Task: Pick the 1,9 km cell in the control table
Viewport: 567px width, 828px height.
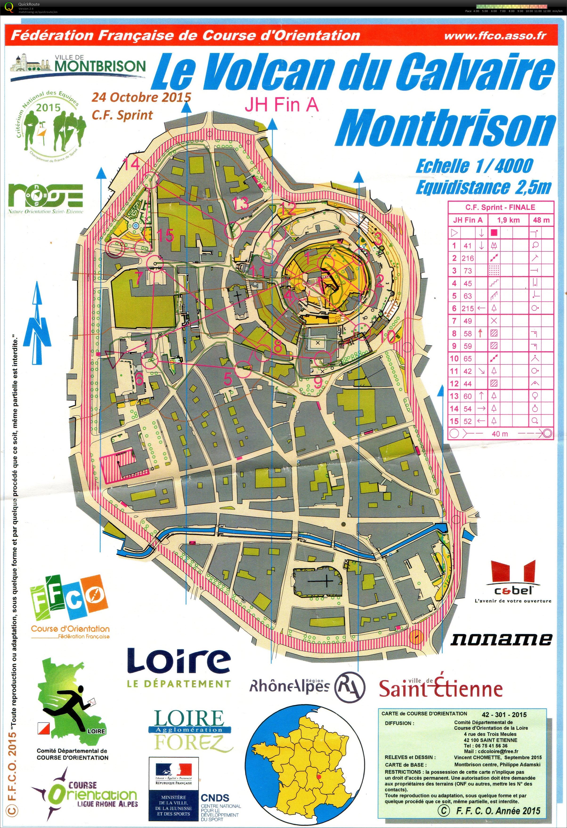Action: coord(508,220)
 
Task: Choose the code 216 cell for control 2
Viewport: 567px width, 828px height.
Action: coord(468,258)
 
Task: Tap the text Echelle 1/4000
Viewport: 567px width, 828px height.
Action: coord(474,166)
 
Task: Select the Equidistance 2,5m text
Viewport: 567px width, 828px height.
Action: coord(483,187)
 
